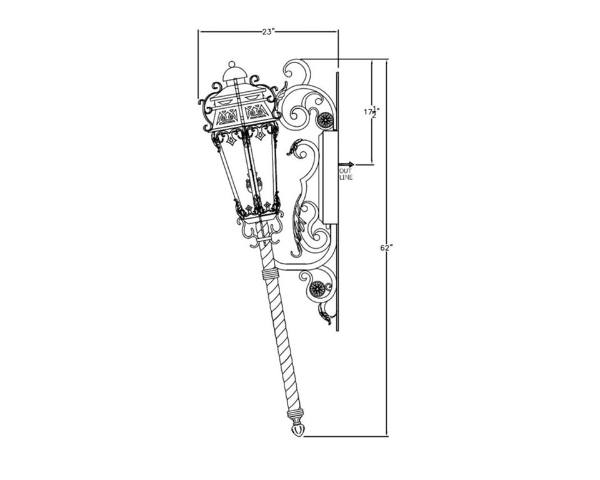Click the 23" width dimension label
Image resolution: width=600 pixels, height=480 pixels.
pyautogui.click(x=269, y=32)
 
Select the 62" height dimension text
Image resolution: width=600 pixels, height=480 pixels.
pyautogui.click(x=386, y=247)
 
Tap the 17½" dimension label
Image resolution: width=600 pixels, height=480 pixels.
pyautogui.click(x=371, y=112)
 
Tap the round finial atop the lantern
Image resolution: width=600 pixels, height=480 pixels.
pyautogui.click(x=231, y=64)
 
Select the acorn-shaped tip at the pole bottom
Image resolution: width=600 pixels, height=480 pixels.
pyautogui.click(x=298, y=430)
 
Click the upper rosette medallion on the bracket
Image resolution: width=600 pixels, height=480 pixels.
pyautogui.click(x=326, y=121)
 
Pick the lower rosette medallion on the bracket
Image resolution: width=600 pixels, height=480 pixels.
pyautogui.click(x=317, y=287)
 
